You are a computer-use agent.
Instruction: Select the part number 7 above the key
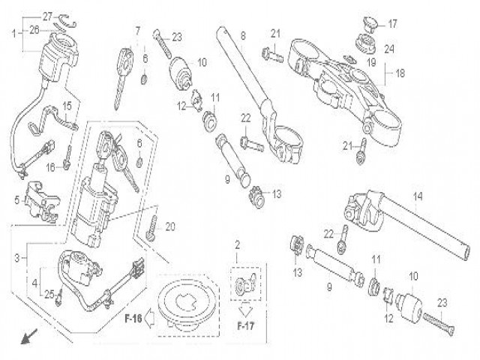pos(137,31)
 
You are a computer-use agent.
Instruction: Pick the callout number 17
pos(391,23)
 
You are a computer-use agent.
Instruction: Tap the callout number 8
pos(242,35)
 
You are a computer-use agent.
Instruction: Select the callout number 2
pos(237,245)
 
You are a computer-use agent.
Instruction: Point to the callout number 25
pos(49,293)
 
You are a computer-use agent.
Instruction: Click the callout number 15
pos(66,105)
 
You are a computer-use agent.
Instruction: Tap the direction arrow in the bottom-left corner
pos(28,338)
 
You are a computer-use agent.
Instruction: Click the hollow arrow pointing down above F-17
pos(244,309)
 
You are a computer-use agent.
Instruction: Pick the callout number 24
pos(389,49)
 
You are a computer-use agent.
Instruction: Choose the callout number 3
pos(17,256)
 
